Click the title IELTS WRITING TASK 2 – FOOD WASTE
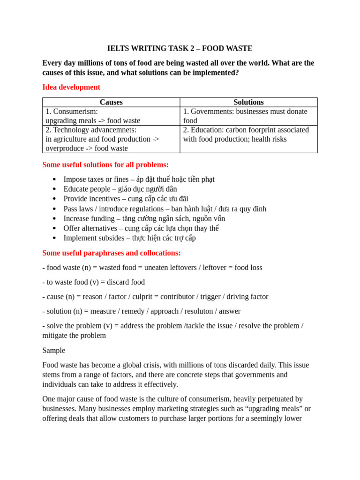click(x=180, y=48)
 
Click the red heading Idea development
click(x=71, y=87)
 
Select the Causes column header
click(x=111, y=102)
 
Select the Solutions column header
click(x=248, y=102)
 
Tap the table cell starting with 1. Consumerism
click(x=111, y=116)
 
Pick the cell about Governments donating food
click(x=248, y=116)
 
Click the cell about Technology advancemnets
click(x=111, y=139)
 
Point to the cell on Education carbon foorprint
click(x=248, y=135)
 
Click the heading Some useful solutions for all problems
click(x=105, y=165)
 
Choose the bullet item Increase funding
click(x=144, y=218)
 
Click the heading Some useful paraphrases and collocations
click(x=112, y=253)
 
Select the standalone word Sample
click(x=54, y=351)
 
